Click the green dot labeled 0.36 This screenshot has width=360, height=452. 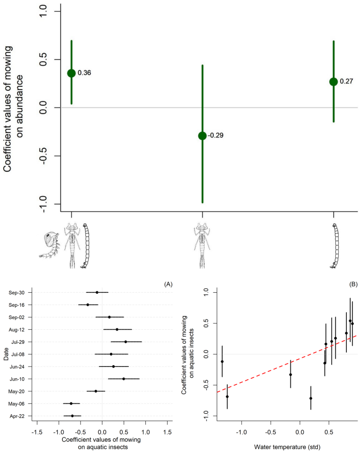[71, 73]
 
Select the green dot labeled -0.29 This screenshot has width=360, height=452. [203, 135]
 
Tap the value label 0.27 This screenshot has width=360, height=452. [346, 82]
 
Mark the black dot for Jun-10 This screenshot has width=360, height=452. [123, 379]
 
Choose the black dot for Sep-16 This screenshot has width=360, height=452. [88, 305]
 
